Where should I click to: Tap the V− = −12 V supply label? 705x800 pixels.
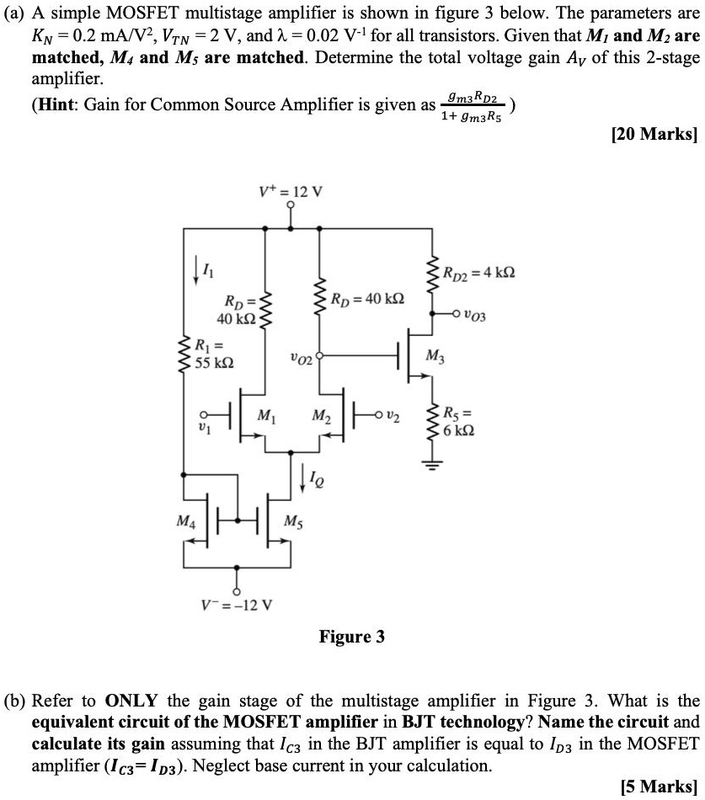point(236,605)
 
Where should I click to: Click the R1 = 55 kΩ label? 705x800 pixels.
point(213,354)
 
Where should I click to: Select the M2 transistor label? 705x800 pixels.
point(321,415)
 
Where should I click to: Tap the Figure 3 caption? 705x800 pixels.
point(351,637)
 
